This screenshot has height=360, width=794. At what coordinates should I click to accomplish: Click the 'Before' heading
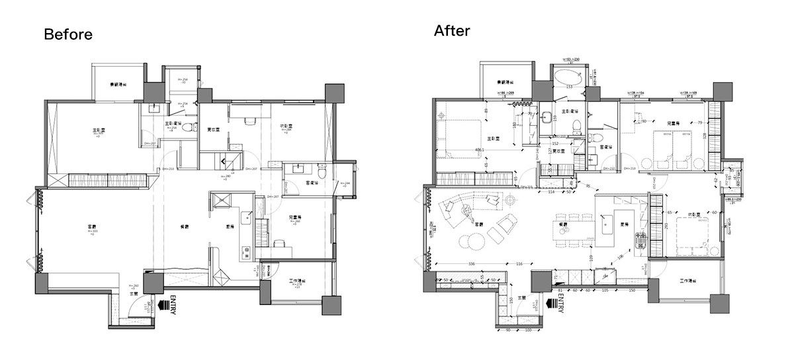click(x=68, y=34)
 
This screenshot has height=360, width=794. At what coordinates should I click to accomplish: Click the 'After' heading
click(x=452, y=30)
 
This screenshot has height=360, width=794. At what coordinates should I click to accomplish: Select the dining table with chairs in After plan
click(x=570, y=229)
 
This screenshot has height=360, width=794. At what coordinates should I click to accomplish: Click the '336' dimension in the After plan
click(x=470, y=265)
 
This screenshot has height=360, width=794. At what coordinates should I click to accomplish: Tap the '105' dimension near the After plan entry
click(x=603, y=290)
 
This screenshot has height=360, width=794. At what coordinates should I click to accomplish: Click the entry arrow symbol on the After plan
click(x=548, y=305)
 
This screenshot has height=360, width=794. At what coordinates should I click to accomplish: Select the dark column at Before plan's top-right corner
click(x=333, y=93)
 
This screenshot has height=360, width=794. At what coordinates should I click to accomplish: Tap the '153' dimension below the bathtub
click(x=568, y=87)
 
